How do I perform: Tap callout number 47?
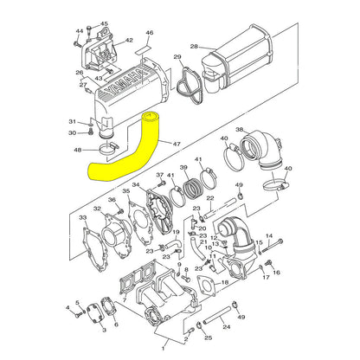point(177,144)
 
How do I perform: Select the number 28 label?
point(194,46)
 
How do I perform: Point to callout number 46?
point(149,34)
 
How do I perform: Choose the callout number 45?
point(105,24)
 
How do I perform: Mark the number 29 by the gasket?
point(177,57)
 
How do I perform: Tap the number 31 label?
point(73,121)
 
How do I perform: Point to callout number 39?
point(183,167)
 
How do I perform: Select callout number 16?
point(277,272)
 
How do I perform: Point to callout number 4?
point(67,307)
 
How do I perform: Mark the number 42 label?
point(129,40)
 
